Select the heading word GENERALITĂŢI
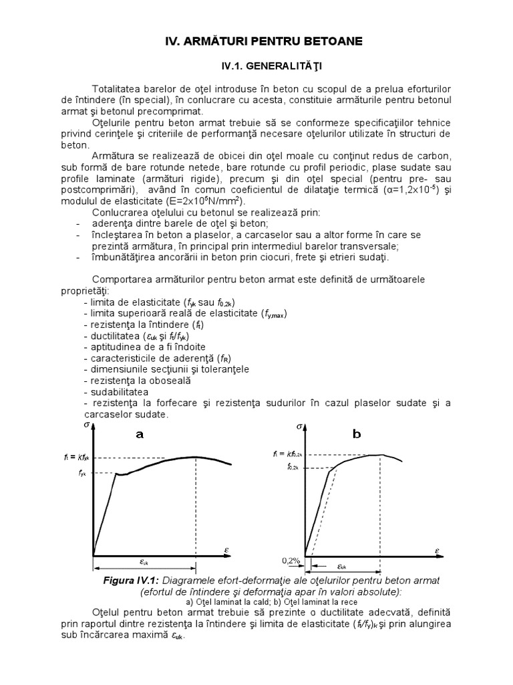(283, 67)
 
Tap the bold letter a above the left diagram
(140, 434)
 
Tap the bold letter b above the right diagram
(357, 434)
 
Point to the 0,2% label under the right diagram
(290, 560)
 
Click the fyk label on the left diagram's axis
(82, 474)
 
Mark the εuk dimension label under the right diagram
(341, 565)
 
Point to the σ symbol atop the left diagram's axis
(87, 424)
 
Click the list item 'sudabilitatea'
(116, 391)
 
